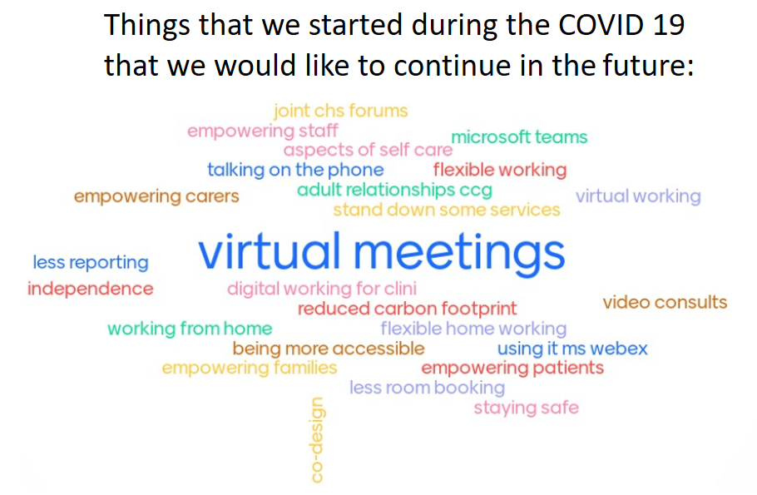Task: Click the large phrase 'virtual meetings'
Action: pyautogui.click(x=381, y=252)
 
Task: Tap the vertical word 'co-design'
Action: pyautogui.click(x=317, y=439)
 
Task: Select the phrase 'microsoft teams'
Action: pyautogui.click(x=519, y=136)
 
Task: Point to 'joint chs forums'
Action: pyautogui.click(x=340, y=111)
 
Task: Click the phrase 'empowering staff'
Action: pyautogui.click(x=263, y=131)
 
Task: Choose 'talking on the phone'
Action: pyautogui.click(x=295, y=170)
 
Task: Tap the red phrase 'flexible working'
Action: pyautogui.click(x=500, y=170)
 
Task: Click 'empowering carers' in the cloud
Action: pyautogui.click(x=156, y=196)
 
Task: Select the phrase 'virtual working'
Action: pyautogui.click(x=638, y=196)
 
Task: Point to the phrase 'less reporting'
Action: pyautogui.click(x=91, y=262)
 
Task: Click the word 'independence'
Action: pyautogui.click(x=91, y=289)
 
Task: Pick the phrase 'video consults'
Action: pyautogui.click(x=665, y=302)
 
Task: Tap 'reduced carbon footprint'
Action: pyautogui.click(x=407, y=309)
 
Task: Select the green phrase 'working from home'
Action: pyautogui.click(x=190, y=329)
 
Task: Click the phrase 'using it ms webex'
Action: pyautogui.click(x=572, y=349)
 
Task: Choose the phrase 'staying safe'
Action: pyautogui.click(x=527, y=408)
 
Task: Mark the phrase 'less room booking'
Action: pyautogui.click(x=428, y=388)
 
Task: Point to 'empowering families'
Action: pyautogui.click(x=249, y=368)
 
